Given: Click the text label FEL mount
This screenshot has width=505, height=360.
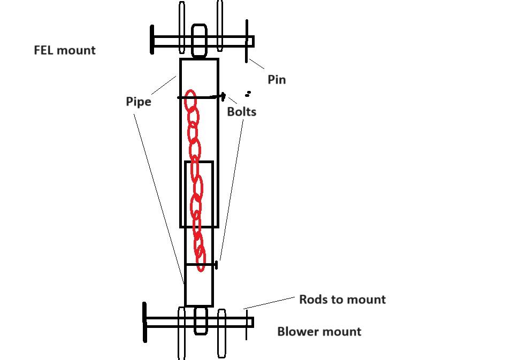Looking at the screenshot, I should (65, 50).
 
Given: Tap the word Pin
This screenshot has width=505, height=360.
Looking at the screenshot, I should (277, 80).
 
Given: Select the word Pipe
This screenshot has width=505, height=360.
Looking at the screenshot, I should (139, 102).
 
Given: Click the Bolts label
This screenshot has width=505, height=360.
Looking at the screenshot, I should (242, 112).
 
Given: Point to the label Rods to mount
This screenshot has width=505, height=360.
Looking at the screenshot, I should (342, 299).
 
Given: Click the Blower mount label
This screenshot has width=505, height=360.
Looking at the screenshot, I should (319, 332).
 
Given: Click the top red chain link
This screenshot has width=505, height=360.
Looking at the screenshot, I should (190, 101).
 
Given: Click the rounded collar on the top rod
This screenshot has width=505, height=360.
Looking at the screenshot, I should (199, 41).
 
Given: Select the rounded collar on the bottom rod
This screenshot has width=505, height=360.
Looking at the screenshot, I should (200, 320).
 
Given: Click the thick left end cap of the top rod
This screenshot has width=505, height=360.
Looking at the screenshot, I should (152, 40).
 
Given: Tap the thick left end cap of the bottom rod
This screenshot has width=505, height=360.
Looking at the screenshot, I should (144, 322).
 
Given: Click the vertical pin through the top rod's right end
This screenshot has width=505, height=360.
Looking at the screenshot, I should (247, 41).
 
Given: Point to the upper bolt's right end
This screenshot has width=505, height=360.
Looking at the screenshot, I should (223, 97).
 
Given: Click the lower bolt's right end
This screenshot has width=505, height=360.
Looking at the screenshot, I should (216, 264).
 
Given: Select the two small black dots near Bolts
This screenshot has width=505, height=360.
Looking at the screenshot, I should (248, 94).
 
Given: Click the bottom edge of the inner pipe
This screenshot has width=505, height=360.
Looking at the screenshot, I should (198, 306).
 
